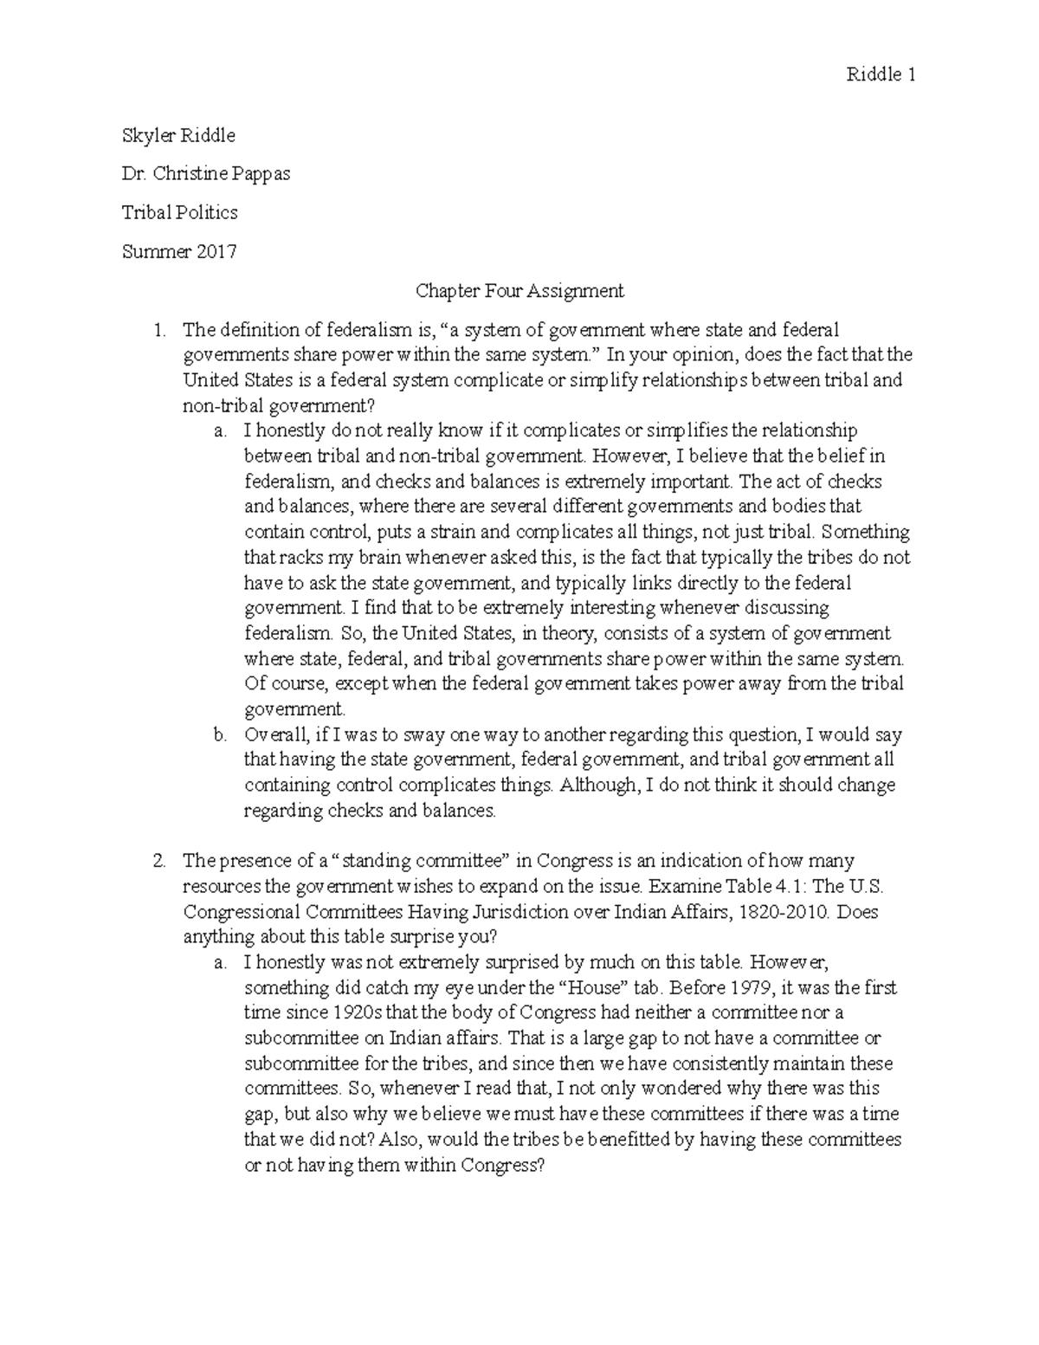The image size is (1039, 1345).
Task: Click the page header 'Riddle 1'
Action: click(x=881, y=75)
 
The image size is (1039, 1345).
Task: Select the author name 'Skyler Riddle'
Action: click(x=178, y=136)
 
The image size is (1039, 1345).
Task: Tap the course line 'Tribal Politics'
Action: click(x=180, y=212)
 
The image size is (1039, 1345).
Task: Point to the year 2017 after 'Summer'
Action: click(x=215, y=252)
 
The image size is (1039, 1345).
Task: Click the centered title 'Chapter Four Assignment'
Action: click(x=519, y=291)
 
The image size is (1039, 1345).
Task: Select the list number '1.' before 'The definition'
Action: click(x=158, y=330)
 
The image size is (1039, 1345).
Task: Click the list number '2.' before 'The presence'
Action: click(x=158, y=861)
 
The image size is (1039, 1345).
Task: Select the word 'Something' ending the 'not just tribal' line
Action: click(x=867, y=532)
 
